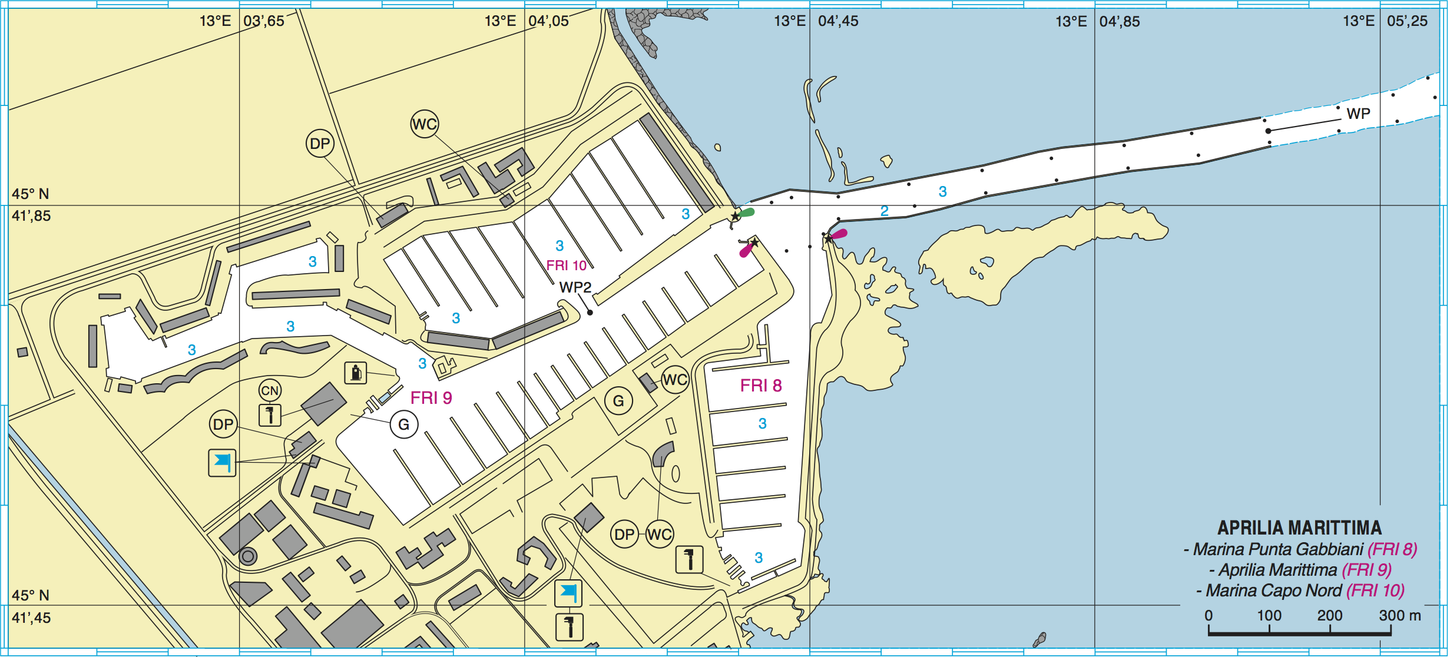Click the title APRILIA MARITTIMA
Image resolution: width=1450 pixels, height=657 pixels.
click(1299, 527)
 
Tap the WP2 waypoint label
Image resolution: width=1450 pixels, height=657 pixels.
click(575, 287)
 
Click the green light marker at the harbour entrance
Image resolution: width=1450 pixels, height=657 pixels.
click(746, 213)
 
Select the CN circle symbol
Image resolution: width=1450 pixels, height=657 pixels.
click(270, 390)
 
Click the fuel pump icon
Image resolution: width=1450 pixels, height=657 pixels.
click(356, 373)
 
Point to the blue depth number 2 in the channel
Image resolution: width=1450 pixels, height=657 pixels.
click(884, 211)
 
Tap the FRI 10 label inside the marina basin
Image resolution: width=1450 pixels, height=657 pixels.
click(566, 266)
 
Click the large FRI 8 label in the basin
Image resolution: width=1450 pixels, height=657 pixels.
click(760, 386)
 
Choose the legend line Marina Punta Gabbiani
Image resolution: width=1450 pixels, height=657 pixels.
click(1300, 549)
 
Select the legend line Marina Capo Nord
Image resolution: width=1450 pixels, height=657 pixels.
click(1300, 590)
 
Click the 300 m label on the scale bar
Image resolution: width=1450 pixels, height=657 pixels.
click(1399, 616)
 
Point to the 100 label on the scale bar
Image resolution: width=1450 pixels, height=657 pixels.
click(1269, 616)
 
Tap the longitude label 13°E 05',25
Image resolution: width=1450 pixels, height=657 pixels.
click(1385, 21)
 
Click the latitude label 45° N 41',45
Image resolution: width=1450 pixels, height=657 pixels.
click(31, 606)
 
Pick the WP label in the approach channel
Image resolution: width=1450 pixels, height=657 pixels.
click(1358, 114)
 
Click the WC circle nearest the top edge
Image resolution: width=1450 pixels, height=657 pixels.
click(425, 124)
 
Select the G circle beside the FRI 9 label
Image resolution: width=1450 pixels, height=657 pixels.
click(404, 424)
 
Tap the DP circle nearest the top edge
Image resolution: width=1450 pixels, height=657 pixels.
click(320, 144)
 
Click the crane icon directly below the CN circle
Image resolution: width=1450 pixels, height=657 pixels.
click(270, 414)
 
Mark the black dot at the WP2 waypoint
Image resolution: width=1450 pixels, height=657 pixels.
click(590, 313)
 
